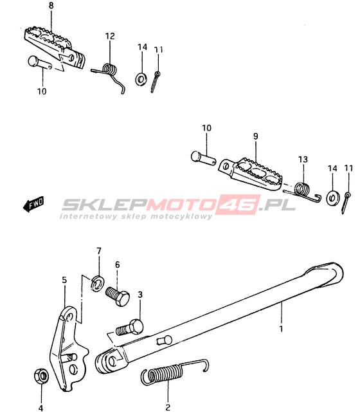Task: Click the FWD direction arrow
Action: (33, 204)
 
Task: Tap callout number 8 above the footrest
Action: (51, 6)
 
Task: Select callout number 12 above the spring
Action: (110, 36)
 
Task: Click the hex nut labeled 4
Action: (41, 376)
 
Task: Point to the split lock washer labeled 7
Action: (97, 284)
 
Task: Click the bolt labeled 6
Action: (118, 297)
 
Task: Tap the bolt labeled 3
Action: (130, 327)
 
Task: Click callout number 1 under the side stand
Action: (281, 329)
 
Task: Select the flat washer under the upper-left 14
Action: (142, 79)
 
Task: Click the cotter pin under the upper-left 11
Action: (155, 82)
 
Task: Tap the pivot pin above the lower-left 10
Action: (40, 63)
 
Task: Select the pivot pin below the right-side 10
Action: (203, 158)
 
